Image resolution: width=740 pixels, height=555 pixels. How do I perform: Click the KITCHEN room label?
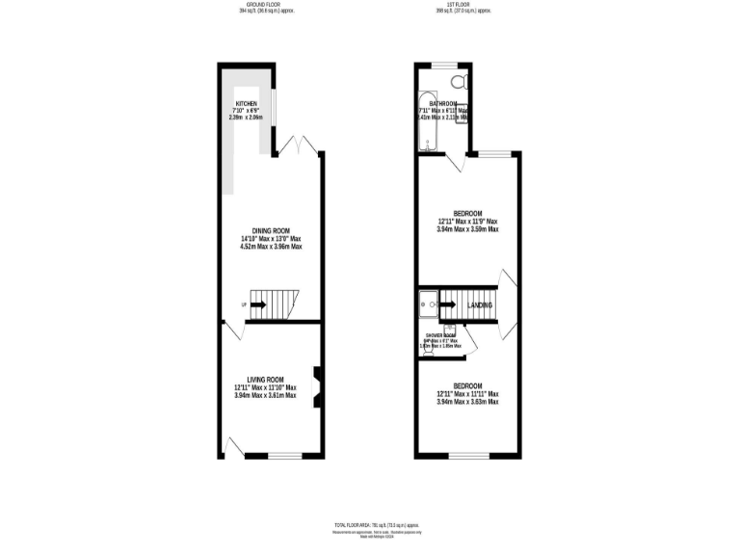point(247,104)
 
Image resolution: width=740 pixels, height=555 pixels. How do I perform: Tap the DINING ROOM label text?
point(271,230)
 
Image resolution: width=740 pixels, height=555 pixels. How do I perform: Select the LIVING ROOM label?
point(265,380)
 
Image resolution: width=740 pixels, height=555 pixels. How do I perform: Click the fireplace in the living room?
point(315,388)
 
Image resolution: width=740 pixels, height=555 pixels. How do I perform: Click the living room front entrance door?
point(233,445)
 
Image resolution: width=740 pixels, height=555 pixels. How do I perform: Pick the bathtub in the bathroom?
point(427,122)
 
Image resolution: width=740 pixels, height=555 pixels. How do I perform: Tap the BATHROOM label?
point(443,104)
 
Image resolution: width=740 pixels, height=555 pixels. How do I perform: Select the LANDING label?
point(480,306)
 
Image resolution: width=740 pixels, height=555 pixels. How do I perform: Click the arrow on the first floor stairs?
point(447,305)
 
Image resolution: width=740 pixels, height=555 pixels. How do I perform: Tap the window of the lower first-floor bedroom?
point(469,455)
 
